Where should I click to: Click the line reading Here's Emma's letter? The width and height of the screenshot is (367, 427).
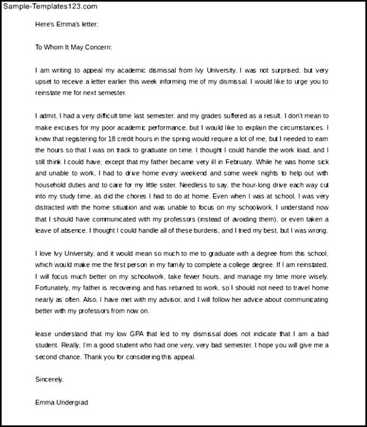click(x=67, y=25)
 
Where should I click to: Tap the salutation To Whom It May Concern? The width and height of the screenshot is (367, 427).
click(x=74, y=48)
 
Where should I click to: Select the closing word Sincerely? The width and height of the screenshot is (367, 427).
click(x=49, y=379)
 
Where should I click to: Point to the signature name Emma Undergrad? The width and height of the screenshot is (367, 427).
click(x=61, y=402)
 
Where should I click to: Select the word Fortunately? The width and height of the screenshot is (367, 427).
click(x=54, y=288)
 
